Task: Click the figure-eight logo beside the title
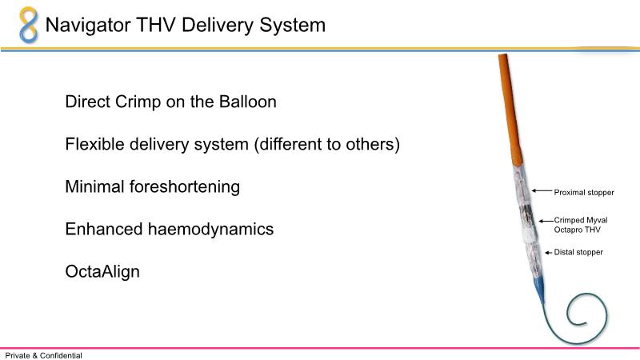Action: tap(29, 25)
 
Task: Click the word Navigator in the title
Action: tap(88, 26)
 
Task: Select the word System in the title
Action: tap(292, 26)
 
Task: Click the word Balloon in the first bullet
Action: tap(248, 102)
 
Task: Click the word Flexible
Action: tap(94, 144)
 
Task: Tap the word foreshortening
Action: tap(185, 187)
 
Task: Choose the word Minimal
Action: tap(94, 186)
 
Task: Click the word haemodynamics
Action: tap(210, 230)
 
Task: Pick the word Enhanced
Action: tap(104, 229)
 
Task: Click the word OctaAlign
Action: tap(102, 272)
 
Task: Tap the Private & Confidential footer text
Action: tap(44, 355)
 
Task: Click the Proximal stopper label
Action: tap(584, 192)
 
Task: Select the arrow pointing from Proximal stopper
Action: tap(542, 190)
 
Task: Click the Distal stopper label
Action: tap(578, 252)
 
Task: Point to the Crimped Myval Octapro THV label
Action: tap(581, 225)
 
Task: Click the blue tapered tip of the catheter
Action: tap(539, 290)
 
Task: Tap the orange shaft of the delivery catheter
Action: tap(510, 110)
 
